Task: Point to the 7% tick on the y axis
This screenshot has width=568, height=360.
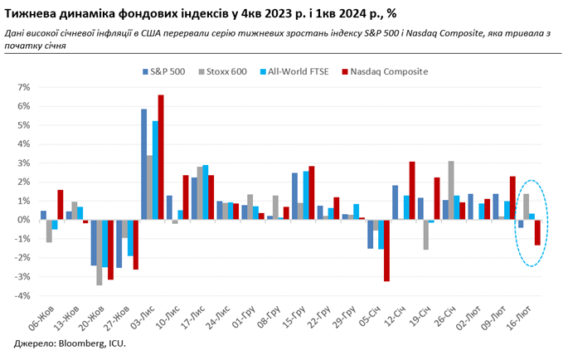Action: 24,87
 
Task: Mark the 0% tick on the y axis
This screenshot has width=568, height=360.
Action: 24,220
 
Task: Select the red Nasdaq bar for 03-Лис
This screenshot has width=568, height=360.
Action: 161,158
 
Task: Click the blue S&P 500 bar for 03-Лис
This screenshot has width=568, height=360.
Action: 143,164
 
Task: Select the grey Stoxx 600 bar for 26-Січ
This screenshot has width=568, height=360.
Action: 451,191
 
